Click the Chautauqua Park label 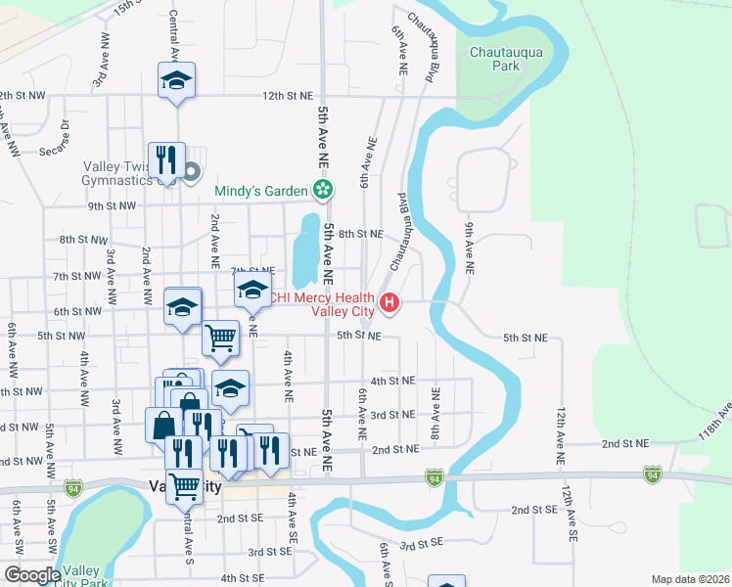[x=506, y=59]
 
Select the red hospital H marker [x=389, y=303]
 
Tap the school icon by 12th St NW [x=176, y=80]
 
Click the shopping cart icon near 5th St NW [x=221, y=339]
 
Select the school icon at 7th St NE [x=252, y=290]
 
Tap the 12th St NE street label [x=287, y=96]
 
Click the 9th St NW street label [x=108, y=206]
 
